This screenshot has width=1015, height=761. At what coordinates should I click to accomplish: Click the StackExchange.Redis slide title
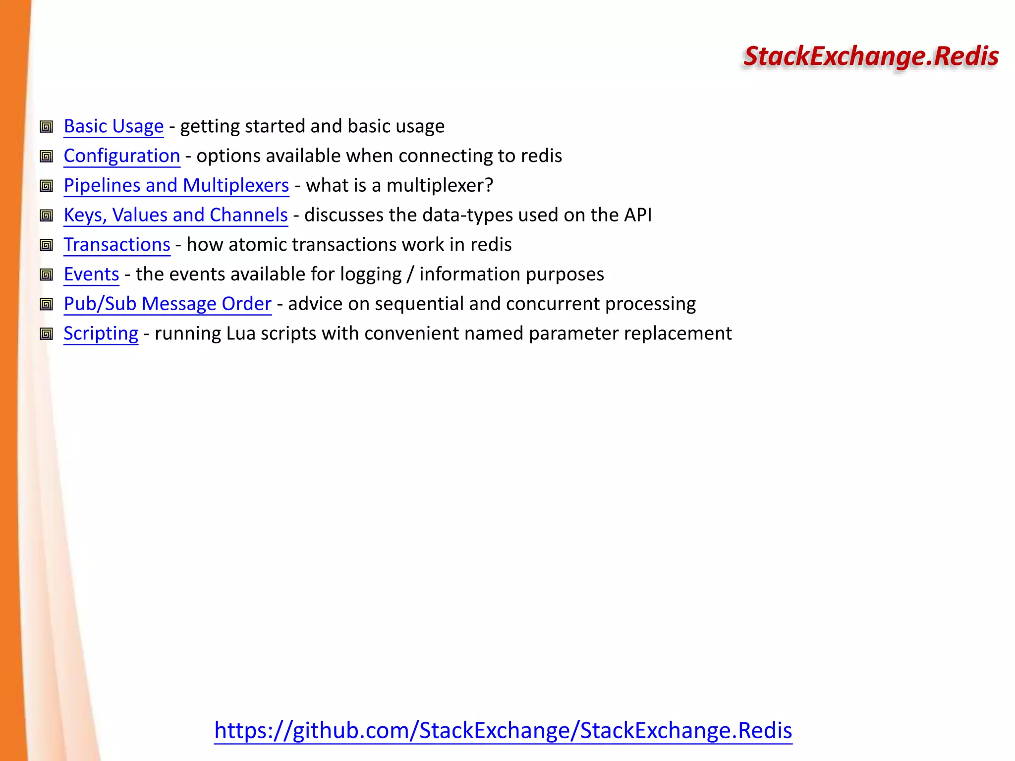pos(871,56)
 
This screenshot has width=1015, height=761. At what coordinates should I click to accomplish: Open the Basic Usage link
pos(113,126)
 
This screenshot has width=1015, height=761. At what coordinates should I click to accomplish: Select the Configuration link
pos(122,156)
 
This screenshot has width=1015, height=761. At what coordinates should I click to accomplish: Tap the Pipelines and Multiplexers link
pos(176,185)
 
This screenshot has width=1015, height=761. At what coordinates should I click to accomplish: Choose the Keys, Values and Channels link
pos(176,215)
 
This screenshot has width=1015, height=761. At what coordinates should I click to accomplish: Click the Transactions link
pos(117,245)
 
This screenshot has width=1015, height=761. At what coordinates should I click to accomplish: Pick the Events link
pos(92,274)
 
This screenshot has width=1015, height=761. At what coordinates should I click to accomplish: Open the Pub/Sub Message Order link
pos(168,304)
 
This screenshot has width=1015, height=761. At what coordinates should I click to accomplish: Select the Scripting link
pos(101,333)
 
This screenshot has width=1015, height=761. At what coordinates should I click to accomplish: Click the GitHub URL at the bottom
pos(503,730)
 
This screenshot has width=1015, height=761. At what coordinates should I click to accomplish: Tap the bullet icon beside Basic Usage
pos(47,127)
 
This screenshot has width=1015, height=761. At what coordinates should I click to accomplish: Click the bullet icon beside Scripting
pos(47,334)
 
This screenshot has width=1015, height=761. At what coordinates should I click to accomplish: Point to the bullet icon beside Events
pos(47,274)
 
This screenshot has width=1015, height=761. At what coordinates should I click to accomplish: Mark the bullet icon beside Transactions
pos(47,245)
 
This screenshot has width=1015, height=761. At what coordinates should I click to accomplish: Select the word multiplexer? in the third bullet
pos(440,186)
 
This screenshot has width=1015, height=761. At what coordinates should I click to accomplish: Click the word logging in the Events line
pos(371,275)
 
